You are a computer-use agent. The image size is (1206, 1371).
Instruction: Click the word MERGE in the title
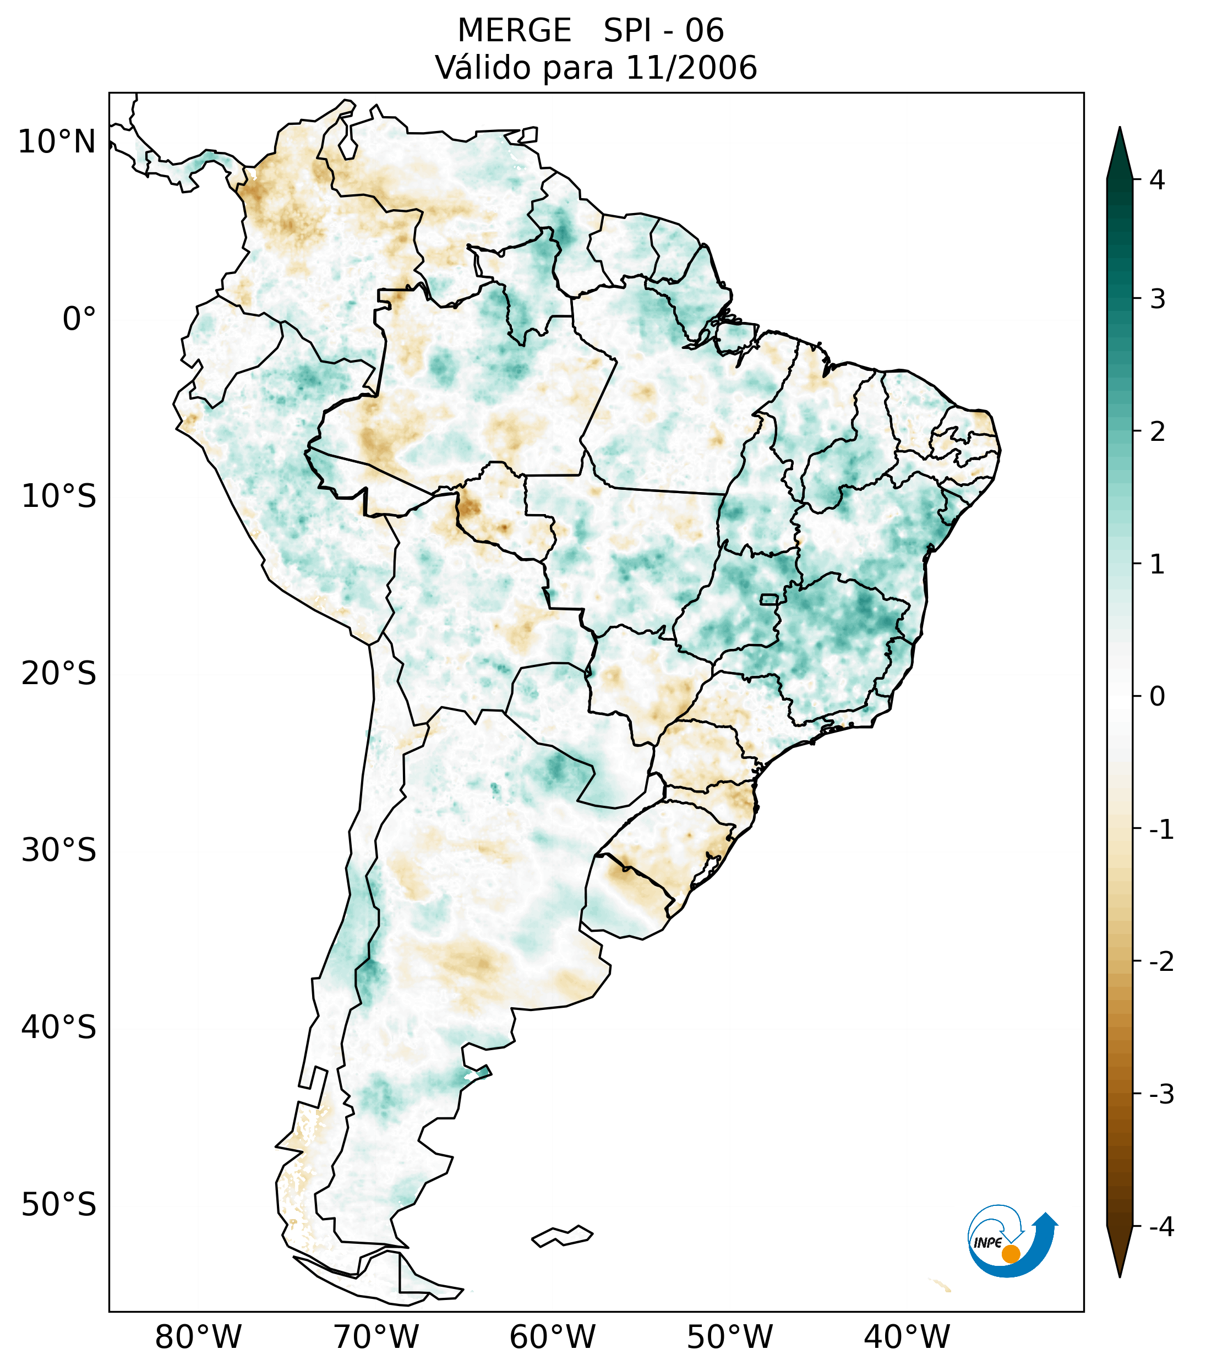[x=515, y=31]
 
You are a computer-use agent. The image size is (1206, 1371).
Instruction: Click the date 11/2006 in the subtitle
[x=691, y=68]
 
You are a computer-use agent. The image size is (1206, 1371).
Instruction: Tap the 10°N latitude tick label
[x=57, y=142]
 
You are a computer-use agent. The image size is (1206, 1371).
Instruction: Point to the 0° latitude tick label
[x=79, y=319]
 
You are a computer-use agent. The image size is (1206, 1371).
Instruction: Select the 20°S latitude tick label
[x=59, y=674]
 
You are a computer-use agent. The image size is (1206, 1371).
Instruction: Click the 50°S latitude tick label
[x=59, y=1205]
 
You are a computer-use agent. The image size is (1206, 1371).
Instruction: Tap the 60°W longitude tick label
[x=552, y=1337]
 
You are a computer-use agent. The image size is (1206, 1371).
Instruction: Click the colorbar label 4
[x=1157, y=180]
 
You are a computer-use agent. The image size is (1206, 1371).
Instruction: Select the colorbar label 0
[x=1157, y=697]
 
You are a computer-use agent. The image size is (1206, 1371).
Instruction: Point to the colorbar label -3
[x=1161, y=1094]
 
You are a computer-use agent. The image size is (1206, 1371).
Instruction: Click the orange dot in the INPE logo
[x=1010, y=1254]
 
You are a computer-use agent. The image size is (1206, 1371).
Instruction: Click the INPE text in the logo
[x=988, y=1243]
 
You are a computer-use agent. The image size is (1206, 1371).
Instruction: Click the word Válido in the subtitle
[x=482, y=68]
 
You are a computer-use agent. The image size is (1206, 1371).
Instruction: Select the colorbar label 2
[x=1157, y=432]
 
